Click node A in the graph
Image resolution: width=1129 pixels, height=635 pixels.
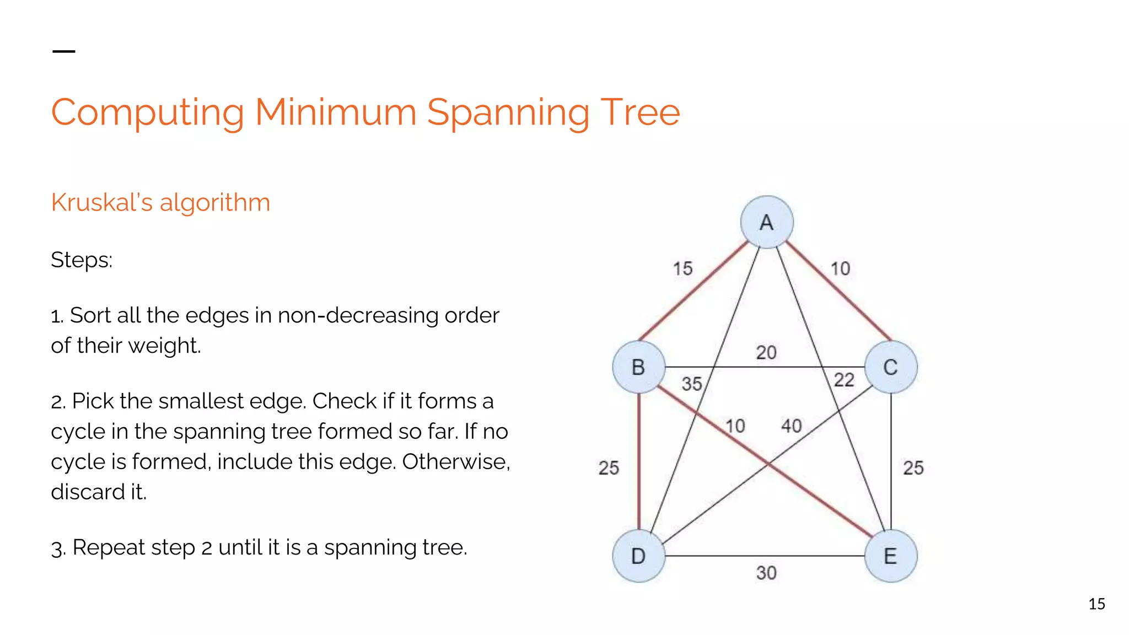click(x=767, y=222)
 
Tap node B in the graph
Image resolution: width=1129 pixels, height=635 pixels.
click(x=638, y=367)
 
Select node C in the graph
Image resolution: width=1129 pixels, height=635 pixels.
click(x=891, y=367)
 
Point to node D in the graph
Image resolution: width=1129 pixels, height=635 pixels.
click(x=638, y=556)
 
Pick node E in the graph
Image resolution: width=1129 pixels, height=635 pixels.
click(x=891, y=556)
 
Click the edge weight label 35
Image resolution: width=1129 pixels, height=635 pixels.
click(x=692, y=384)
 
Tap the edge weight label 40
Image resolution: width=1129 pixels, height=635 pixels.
click(x=792, y=426)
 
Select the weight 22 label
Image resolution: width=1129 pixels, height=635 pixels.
click(x=844, y=380)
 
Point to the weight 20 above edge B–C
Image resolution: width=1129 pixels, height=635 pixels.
click(x=766, y=352)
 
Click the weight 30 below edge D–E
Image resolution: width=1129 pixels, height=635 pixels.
click(x=766, y=573)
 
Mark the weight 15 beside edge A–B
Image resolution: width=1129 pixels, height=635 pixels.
click(x=682, y=268)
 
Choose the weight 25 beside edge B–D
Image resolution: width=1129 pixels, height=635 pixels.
click(x=609, y=468)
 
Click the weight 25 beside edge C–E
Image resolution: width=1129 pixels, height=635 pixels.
click(x=913, y=468)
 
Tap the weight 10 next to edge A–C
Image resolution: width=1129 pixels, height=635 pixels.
click(x=841, y=268)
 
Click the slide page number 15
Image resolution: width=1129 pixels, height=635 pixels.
click(x=1096, y=604)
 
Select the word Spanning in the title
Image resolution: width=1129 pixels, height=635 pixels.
click(x=508, y=112)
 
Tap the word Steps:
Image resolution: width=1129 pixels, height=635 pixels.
click(x=82, y=260)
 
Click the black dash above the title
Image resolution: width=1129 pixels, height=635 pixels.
click(x=63, y=51)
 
